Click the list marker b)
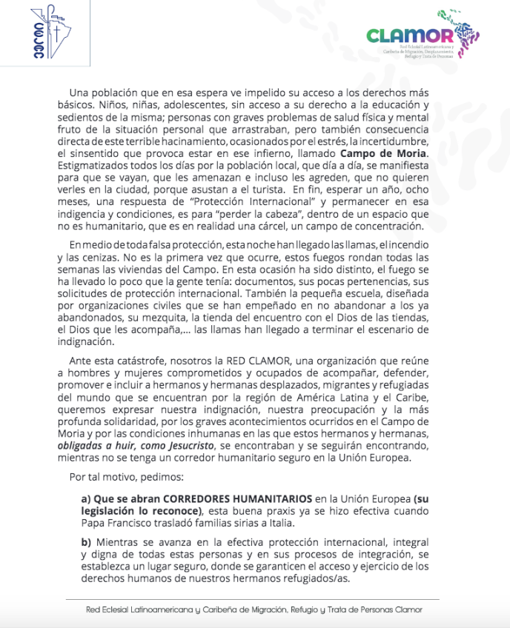tap(87, 542)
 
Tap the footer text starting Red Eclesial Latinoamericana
tap(254, 609)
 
